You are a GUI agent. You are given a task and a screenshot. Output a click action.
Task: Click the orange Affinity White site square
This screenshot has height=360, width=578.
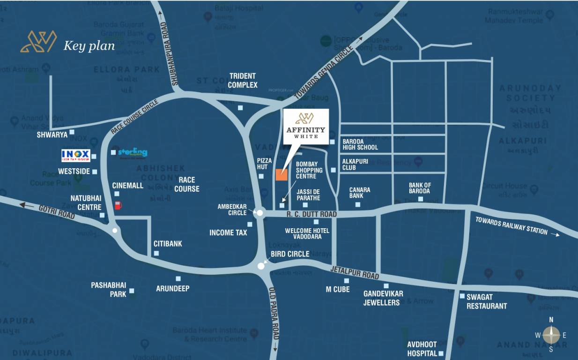click(281, 175)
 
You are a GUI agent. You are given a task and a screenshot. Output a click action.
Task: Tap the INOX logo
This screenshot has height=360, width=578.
click(75, 156)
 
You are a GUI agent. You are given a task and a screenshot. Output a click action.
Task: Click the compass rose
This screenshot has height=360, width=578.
click(551, 335)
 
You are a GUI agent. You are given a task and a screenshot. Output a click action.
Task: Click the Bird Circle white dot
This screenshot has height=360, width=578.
click(261, 266)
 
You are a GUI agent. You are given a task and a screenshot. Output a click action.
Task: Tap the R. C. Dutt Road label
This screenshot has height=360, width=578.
click(311, 214)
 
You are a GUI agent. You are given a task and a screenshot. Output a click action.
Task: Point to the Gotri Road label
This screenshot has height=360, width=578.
click(57, 214)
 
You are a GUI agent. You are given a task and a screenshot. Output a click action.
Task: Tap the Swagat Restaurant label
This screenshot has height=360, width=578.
click(486, 301)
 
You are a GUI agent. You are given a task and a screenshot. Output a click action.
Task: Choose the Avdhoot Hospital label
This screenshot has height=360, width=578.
click(422, 349)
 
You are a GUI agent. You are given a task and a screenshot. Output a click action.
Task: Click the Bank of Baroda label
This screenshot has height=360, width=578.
click(420, 188)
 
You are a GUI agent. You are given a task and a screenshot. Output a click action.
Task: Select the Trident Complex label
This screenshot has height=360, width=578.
click(243, 80)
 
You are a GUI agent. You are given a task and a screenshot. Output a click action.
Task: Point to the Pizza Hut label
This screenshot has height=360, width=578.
click(264, 164)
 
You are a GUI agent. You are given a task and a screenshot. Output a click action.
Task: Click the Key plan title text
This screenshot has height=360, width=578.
click(89, 45)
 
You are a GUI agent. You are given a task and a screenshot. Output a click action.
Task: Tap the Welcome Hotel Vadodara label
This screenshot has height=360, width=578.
click(307, 233)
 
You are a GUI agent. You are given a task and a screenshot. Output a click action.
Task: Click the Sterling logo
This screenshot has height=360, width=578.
click(133, 153)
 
